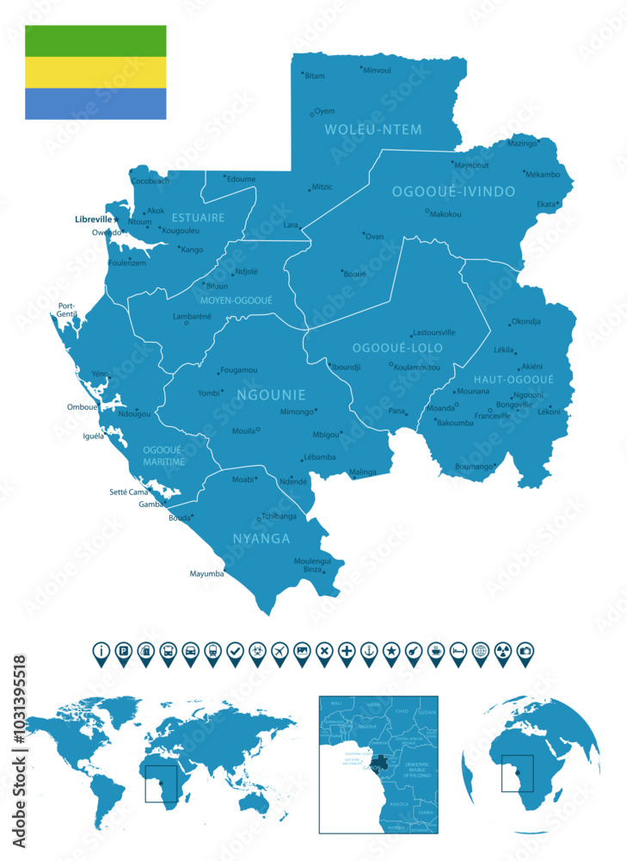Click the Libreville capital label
[x=94, y=220]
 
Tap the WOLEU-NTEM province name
[x=373, y=130]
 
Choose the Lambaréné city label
[x=192, y=316]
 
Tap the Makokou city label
[x=446, y=214]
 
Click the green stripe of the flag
[x=95, y=40]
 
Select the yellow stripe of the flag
[x=95, y=72]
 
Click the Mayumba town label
[x=206, y=573]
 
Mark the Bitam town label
[x=315, y=76]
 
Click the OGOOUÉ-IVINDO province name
[x=453, y=191]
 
